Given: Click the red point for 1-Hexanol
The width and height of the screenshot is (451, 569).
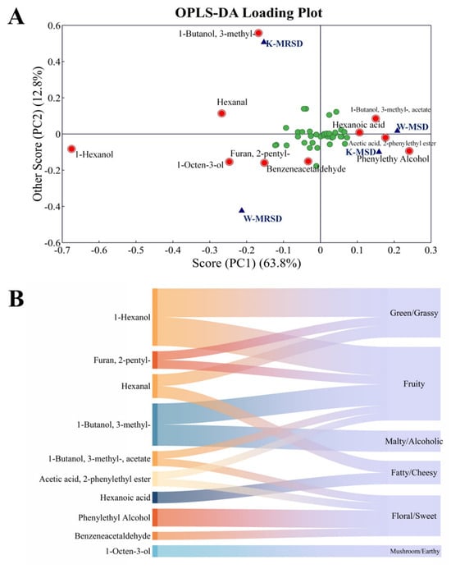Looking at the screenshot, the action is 71,149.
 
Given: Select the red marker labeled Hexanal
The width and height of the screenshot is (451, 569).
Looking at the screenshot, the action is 221,113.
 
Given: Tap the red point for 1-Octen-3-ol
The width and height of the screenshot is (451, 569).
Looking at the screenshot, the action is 229,162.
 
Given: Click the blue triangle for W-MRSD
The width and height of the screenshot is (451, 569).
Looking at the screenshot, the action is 242,210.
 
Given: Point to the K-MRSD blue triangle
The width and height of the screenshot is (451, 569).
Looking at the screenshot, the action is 264,42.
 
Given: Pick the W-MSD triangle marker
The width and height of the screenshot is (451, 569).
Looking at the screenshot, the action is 398,130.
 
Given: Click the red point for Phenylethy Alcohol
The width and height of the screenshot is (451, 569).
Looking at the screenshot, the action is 409,151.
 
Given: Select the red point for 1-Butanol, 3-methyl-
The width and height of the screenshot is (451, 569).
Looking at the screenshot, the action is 258,33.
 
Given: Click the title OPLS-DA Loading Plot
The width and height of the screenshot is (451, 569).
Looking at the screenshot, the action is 248,12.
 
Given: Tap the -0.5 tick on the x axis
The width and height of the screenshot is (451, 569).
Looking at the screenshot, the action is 135,250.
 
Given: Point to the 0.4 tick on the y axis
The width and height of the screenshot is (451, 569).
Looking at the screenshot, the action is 53,62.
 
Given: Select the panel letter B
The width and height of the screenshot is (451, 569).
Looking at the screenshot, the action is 16,300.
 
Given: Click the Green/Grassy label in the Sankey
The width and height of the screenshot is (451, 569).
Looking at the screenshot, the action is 414,313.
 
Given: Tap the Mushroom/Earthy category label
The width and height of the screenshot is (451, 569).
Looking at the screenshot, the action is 415,551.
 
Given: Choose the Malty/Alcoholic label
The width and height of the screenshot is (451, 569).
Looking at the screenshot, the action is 413,441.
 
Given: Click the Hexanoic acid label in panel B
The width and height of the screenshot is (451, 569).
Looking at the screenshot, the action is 125,498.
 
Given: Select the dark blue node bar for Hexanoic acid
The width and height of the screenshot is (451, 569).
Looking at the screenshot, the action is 155,497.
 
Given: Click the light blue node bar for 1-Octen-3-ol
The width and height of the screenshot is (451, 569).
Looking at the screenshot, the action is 155,551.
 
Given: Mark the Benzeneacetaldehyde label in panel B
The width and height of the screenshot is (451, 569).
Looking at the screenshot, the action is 112,536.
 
